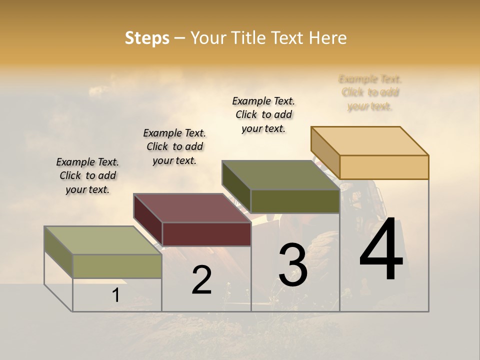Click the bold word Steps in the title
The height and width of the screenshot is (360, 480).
(x=147, y=38)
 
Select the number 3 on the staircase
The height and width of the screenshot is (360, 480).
(x=292, y=264)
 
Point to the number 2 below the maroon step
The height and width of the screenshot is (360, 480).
(x=202, y=280)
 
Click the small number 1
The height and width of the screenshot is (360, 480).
(x=116, y=295)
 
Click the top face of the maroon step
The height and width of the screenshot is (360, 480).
(x=192, y=208)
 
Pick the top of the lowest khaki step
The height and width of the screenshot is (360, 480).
(x=103, y=240)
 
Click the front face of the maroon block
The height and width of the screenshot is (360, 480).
(x=206, y=234)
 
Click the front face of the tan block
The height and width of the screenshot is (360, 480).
(x=384, y=167)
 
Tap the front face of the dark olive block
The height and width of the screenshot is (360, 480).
(x=295, y=201)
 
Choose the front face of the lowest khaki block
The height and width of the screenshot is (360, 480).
(x=117, y=266)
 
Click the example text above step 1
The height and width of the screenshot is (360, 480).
(x=87, y=175)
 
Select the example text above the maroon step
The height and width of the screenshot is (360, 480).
(x=174, y=146)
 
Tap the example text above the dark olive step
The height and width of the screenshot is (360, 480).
(x=263, y=114)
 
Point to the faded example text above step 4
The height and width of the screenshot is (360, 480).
(x=370, y=92)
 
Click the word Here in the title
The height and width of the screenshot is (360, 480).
(x=328, y=38)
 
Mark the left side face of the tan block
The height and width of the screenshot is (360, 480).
(x=325, y=152)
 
